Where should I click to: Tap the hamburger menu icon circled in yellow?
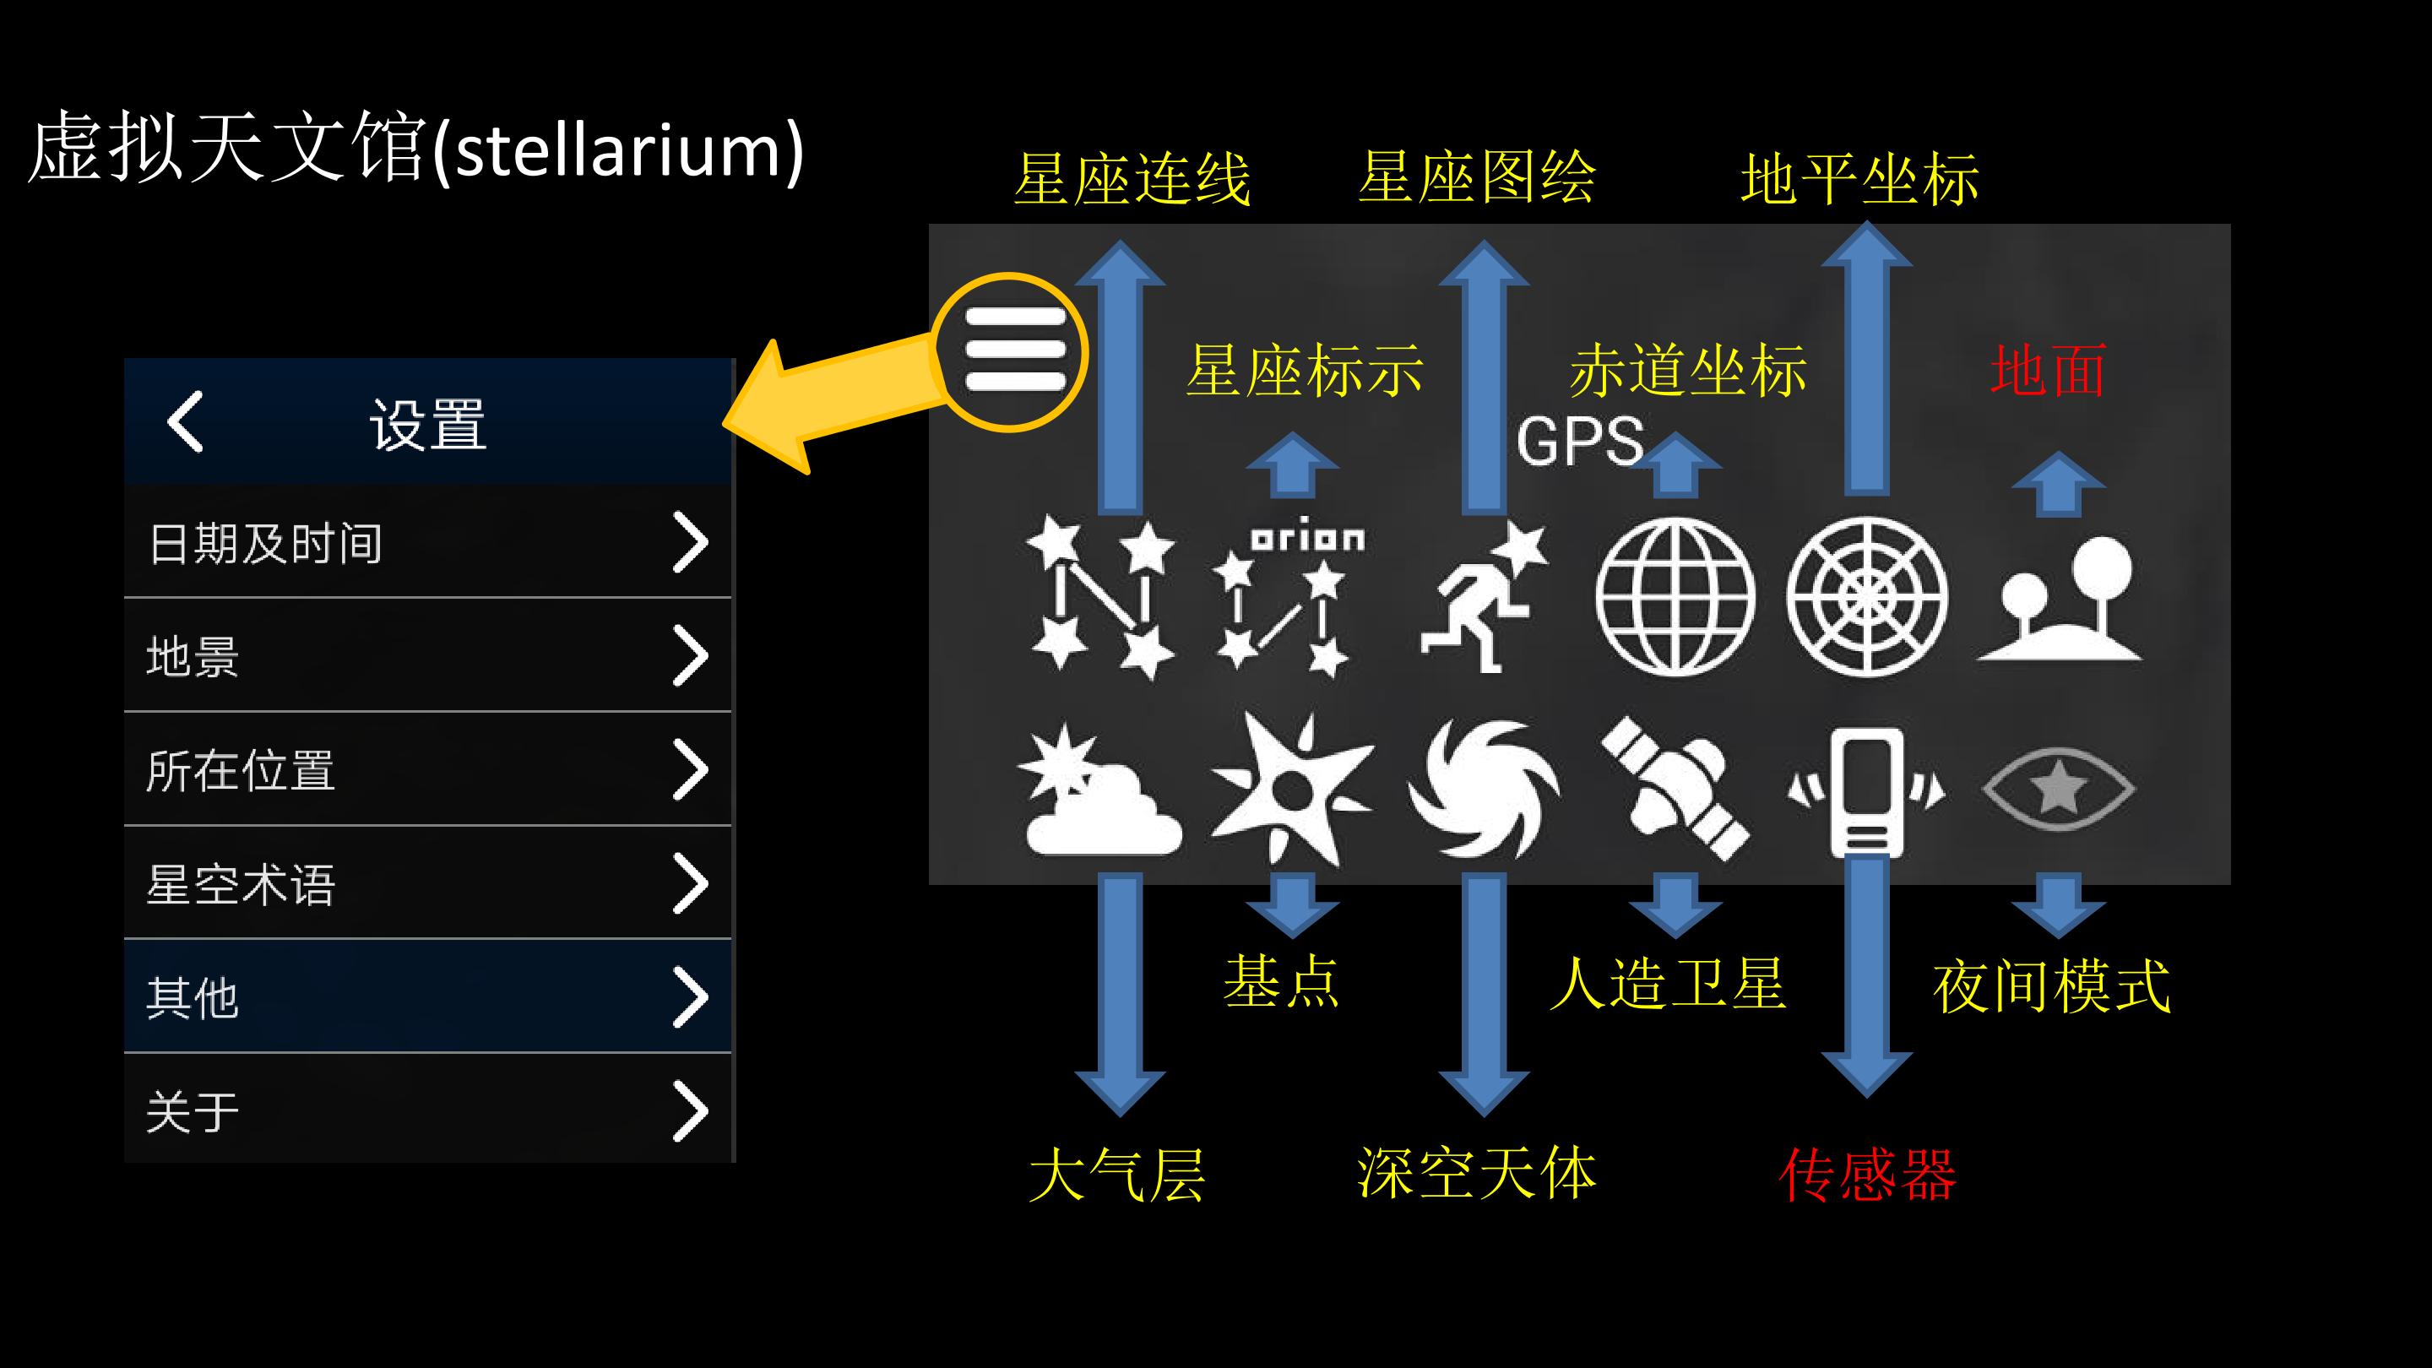(x=1015, y=350)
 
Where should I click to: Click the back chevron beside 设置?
(x=185, y=421)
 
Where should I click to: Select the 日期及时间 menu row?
(x=427, y=542)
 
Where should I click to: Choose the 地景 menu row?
(x=427, y=655)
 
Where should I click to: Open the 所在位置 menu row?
(x=427, y=769)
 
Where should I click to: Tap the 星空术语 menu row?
(x=427, y=883)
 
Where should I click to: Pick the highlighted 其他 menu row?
(x=427, y=996)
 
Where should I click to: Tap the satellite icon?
(x=1675, y=789)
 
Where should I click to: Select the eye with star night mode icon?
(x=2058, y=789)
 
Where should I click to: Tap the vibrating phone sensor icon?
(x=1866, y=791)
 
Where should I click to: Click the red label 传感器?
(x=1866, y=1175)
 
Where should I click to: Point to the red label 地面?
(x=2049, y=371)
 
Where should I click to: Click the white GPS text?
(x=1579, y=441)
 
